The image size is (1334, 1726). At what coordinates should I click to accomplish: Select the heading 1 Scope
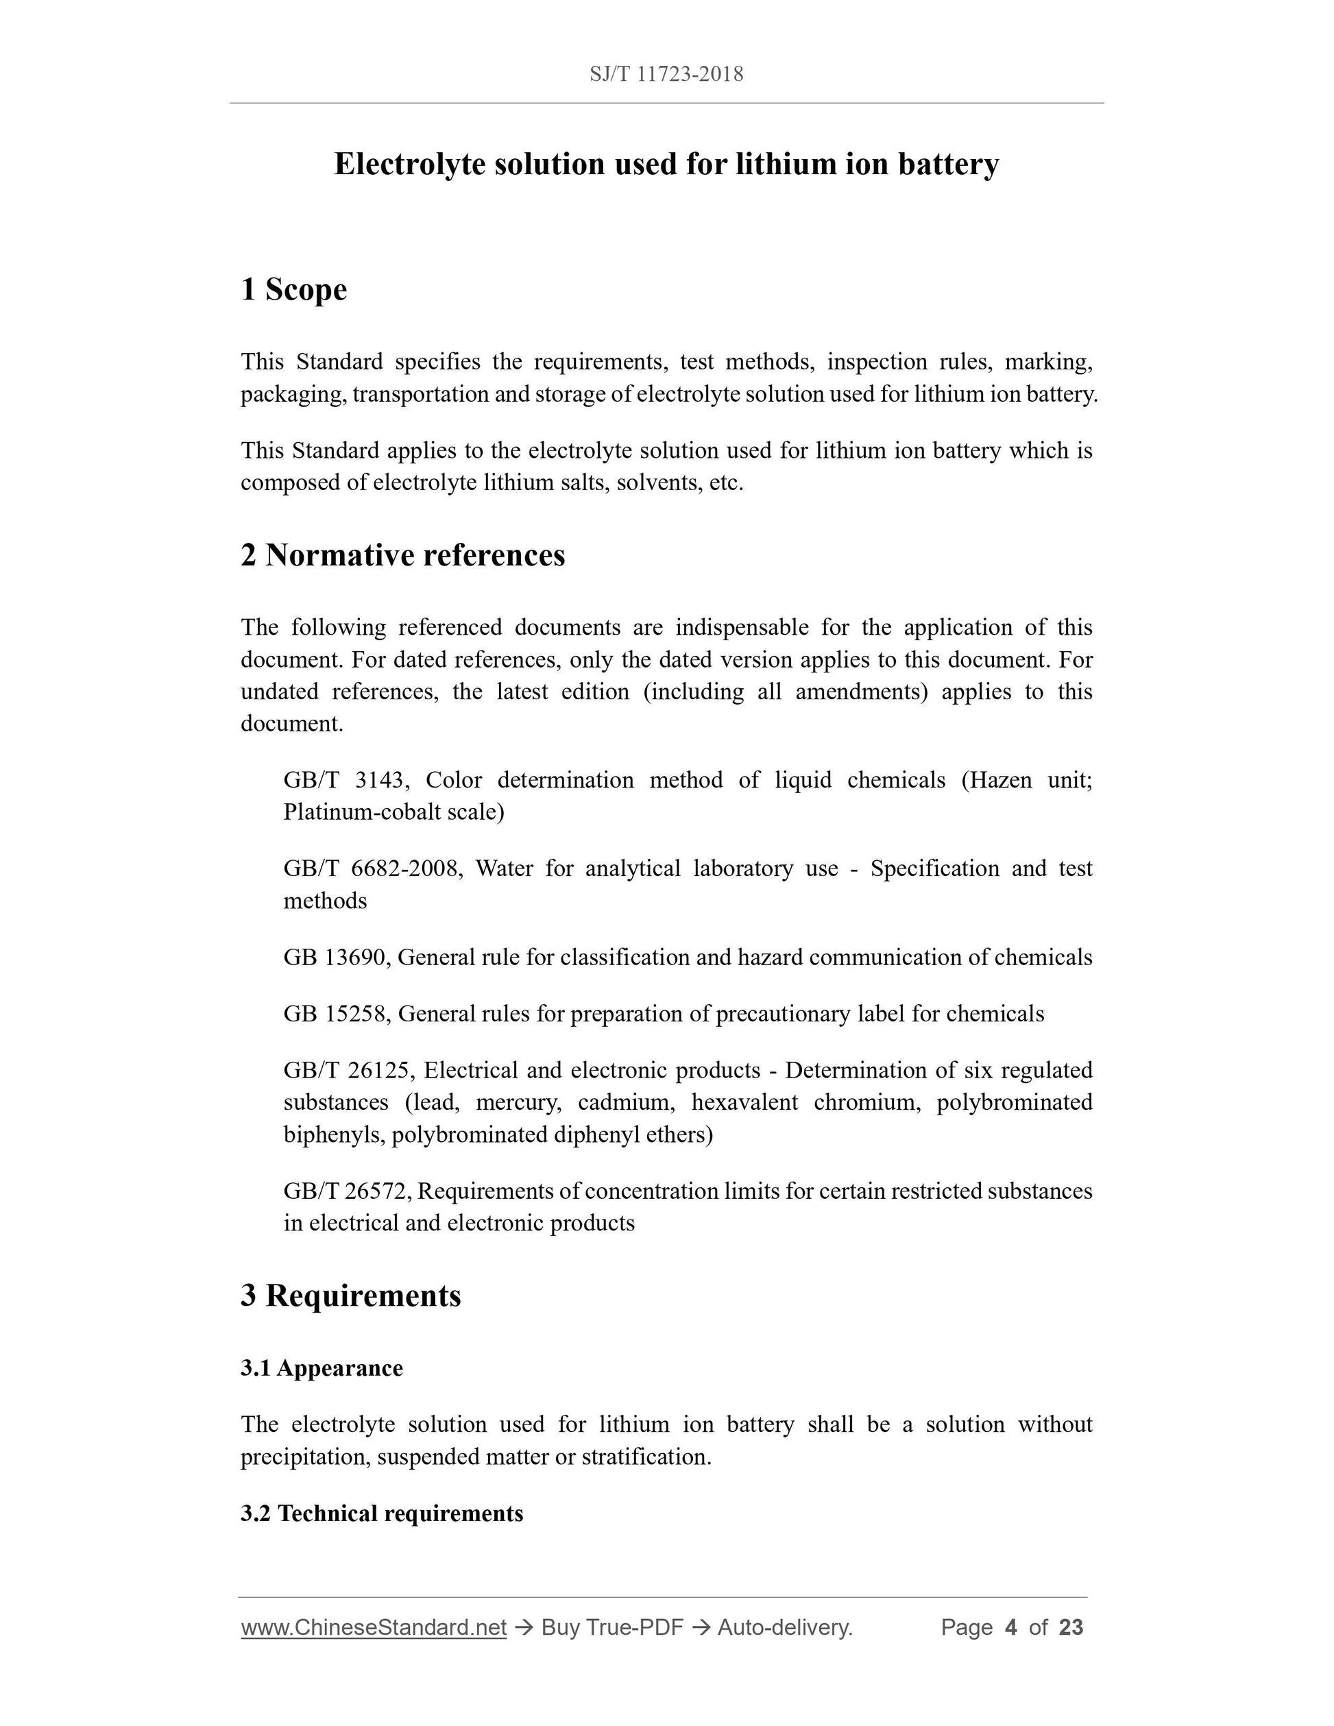293,289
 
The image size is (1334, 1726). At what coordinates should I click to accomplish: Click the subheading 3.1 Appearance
322,1368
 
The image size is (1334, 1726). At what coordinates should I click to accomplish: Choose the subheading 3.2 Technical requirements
382,1513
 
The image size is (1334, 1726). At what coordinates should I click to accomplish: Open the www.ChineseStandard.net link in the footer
373,1627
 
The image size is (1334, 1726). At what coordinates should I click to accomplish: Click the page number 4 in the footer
1010,1627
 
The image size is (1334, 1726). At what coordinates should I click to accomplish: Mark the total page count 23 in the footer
1071,1627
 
